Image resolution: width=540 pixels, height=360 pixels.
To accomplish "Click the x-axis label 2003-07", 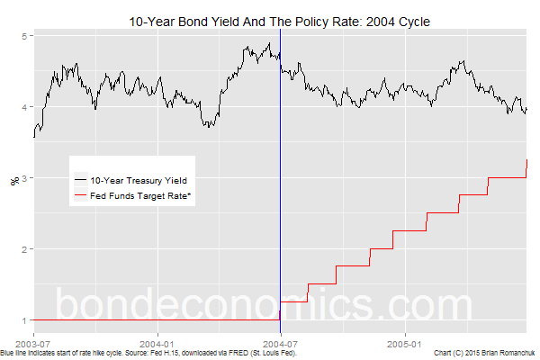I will coord(32,342).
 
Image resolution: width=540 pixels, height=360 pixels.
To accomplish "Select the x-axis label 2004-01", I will coord(157,342).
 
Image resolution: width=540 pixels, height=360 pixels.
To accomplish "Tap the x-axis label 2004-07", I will coord(281,342).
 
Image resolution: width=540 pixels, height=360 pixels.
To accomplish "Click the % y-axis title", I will coord(13,180).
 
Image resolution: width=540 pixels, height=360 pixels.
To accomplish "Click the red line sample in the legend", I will coord(81,195).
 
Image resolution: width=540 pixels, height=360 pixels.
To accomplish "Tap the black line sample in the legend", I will coord(81,180).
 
